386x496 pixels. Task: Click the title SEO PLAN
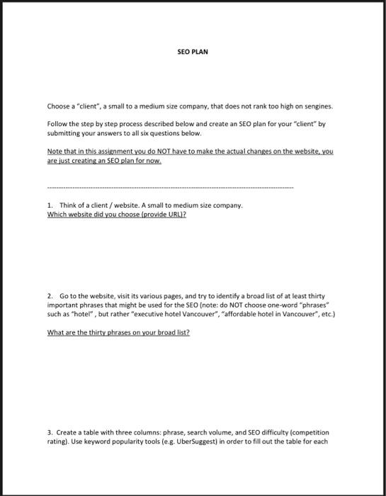193,52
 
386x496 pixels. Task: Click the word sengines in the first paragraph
317,106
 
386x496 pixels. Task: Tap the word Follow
56,123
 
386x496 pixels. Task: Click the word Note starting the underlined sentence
54,152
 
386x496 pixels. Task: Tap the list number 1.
49,205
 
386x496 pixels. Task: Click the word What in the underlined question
55,331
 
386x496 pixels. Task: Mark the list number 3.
49,430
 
